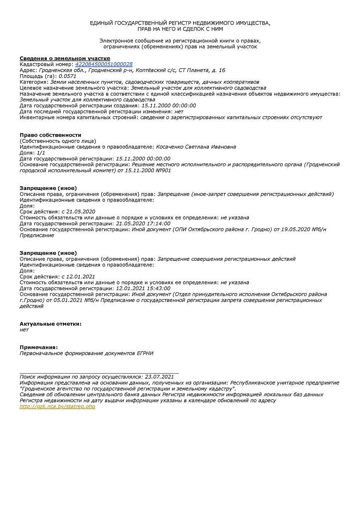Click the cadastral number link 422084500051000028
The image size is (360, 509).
click(104, 64)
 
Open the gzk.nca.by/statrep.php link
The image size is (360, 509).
click(57, 406)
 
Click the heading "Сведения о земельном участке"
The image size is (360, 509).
click(65, 59)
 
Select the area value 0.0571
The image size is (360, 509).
click(67, 76)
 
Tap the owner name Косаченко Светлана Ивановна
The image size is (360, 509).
click(196, 147)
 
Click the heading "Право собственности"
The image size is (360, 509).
click(51, 135)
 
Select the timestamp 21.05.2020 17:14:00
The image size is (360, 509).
click(143, 224)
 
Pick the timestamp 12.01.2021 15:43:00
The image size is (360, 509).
click(143, 288)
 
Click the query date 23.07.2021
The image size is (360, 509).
click(159, 377)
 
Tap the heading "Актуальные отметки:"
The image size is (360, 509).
click(51, 324)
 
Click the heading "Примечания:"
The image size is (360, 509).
click(39, 347)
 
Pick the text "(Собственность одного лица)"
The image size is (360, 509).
click(58, 141)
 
